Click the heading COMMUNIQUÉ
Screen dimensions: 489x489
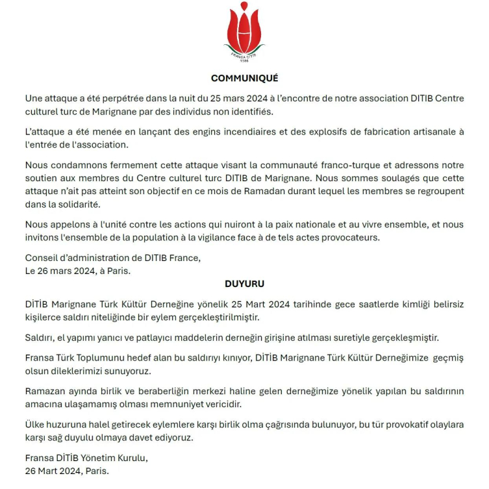point(244,79)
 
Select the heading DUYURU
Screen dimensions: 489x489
point(244,284)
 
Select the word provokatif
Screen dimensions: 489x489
point(377,425)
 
